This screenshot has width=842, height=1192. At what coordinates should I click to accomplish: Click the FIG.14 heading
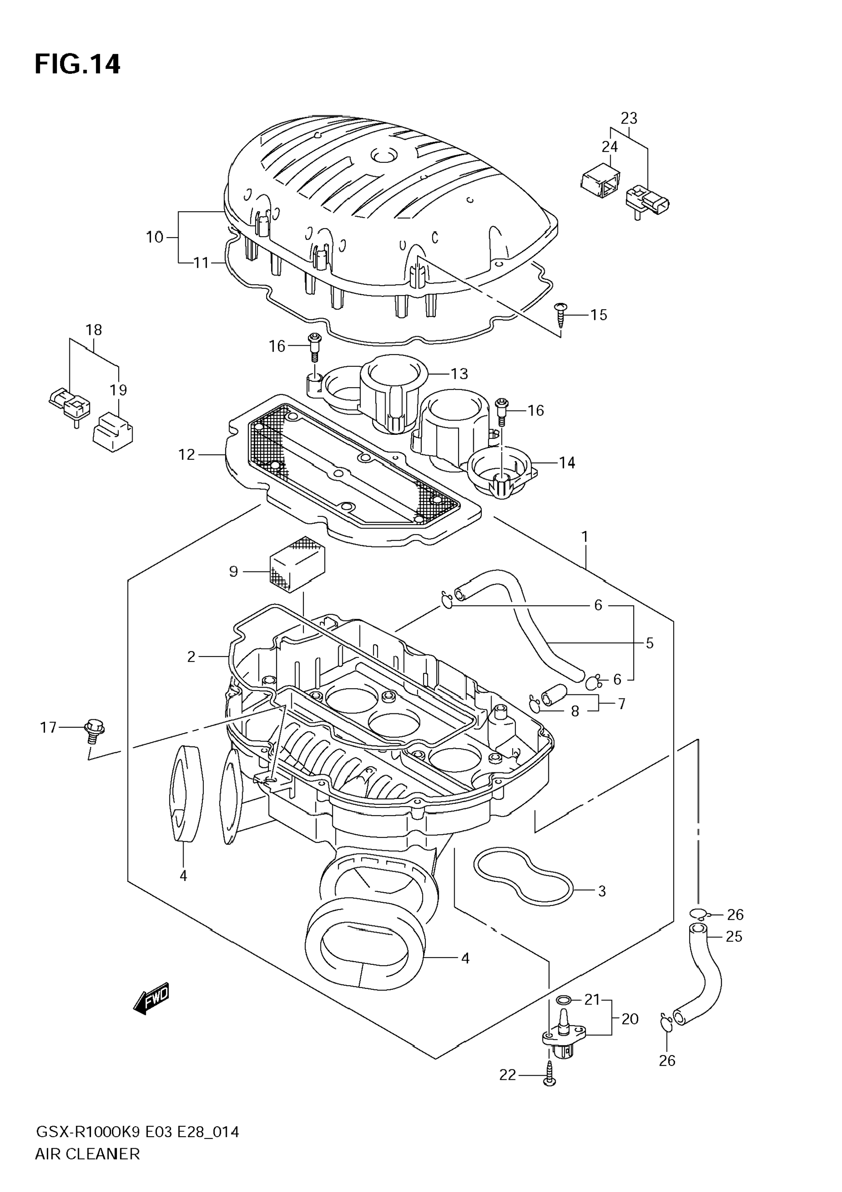tap(78, 65)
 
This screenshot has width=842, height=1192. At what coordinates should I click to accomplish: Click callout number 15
tap(598, 315)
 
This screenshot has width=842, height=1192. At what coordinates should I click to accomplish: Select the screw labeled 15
tap(561, 314)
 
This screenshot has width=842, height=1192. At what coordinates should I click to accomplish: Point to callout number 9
tap(233, 571)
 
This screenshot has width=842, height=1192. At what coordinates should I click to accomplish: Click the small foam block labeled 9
tap(297, 564)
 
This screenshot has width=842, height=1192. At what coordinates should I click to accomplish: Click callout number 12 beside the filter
tap(186, 455)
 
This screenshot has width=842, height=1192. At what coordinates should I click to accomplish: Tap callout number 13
tap(459, 374)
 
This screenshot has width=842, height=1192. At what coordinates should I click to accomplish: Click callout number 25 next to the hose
tap(733, 936)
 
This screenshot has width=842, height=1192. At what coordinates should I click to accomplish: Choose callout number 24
tap(610, 147)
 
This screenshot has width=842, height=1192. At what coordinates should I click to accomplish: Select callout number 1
tap(584, 536)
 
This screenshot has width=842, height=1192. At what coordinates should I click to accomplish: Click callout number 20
tap(630, 1019)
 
